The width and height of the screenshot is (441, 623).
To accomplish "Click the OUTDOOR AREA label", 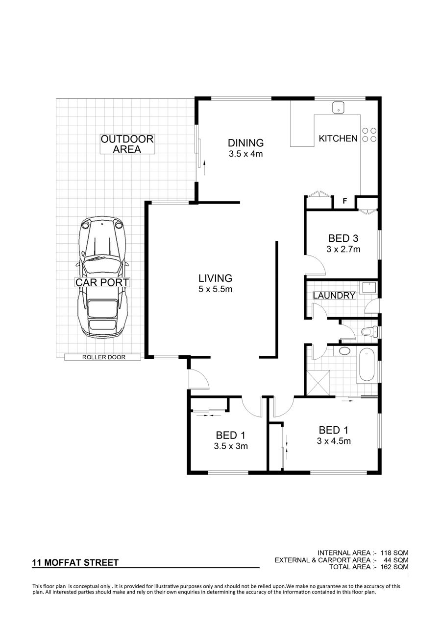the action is [127, 144].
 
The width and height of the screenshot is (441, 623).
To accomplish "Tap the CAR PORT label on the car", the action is [102, 282].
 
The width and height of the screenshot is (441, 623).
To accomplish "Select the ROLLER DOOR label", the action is [103, 357].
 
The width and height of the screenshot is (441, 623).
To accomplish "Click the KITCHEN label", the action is [338, 138].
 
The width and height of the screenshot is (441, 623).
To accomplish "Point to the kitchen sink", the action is [338, 108].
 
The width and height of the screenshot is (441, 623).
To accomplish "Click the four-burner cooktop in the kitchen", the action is [369, 135].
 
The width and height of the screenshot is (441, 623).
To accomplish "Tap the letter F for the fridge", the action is [344, 201].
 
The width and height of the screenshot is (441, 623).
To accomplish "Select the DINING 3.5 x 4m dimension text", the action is [246, 154].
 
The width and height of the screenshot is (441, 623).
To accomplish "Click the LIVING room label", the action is [215, 278].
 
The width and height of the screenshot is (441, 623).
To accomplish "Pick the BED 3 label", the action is [343, 238].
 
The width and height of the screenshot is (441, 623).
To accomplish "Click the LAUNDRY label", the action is [334, 295].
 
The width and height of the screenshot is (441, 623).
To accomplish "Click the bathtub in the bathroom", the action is [367, 365].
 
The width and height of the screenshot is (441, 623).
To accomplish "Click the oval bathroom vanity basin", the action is [344, 351].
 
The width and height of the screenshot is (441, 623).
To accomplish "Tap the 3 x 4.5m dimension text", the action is [334, 441].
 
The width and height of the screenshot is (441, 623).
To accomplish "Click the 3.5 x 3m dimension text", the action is [231, 446].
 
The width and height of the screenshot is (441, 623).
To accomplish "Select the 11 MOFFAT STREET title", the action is [75, 563].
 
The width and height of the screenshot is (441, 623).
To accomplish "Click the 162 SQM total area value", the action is [394, 567].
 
